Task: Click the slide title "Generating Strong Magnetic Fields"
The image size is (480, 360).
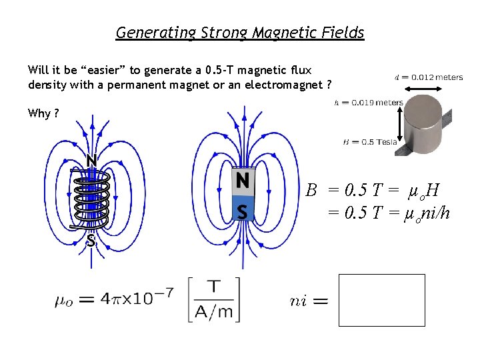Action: (240, 32)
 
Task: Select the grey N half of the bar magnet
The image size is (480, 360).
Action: (243, 180)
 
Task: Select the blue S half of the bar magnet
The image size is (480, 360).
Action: (243, 211)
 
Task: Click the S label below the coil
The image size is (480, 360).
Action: (91, 241)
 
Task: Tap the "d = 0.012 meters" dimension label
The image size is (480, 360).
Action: (429, 77)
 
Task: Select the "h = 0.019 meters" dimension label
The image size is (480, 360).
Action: (368, 103)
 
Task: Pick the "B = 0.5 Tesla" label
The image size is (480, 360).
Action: (369, 141)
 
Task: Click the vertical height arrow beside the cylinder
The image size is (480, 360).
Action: (401, 124)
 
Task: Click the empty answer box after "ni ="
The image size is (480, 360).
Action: (381, 299)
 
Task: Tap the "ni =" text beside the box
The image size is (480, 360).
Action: (309, 301)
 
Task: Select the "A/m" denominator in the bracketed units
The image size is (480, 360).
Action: (214, 310)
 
